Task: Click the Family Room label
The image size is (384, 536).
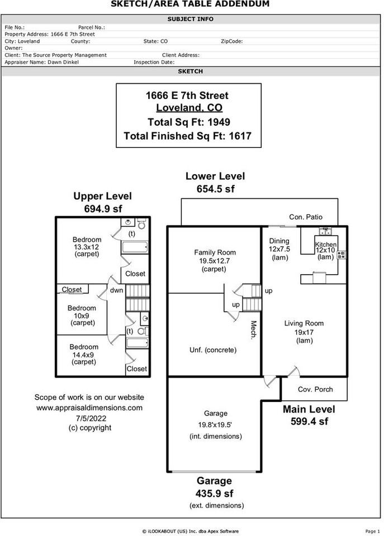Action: (215, 252)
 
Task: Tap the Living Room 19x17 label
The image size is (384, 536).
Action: (304, 324)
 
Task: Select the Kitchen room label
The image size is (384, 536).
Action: (326, 245)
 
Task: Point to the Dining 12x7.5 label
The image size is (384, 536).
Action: (279, 241)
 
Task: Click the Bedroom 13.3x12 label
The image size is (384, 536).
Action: (87, 240)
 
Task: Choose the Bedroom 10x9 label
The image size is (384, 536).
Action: (82, 308)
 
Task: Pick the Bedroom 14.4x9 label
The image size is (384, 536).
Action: (84, 347)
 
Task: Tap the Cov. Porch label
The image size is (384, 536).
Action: (315, 389)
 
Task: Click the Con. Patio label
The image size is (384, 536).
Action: (305, 217)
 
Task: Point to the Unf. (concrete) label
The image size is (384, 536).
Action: (213, 350)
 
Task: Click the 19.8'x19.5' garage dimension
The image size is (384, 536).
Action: (215, 425)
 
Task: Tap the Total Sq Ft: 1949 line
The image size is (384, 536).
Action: (188, 122)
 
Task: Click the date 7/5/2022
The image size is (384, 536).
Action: (89, 418)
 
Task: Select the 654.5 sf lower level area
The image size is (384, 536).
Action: (215, 189)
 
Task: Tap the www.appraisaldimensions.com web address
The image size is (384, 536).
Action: (89, 408)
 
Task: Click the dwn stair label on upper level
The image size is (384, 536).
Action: (116, 290)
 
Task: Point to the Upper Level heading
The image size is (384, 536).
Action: (103, 196)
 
